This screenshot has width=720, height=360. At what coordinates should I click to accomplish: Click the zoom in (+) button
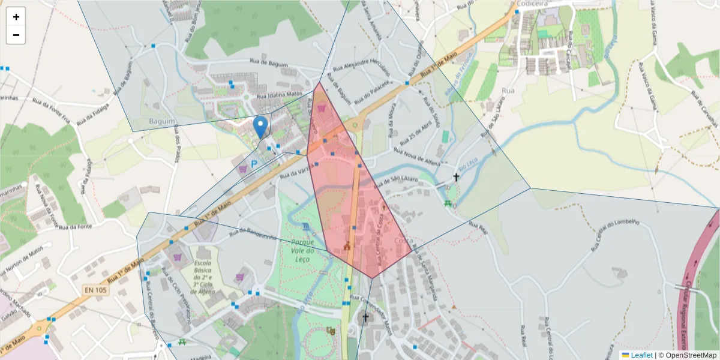tap(16, 17)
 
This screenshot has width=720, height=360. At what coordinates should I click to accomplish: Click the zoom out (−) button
tap(16, 35)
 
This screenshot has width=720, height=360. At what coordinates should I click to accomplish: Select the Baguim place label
tap(162, 121)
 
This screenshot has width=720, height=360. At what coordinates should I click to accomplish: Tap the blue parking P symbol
tap(254, 164)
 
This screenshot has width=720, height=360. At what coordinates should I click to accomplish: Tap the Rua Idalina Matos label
tap(278, 95)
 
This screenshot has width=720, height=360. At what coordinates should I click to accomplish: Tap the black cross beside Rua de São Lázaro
tap(456, 177)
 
